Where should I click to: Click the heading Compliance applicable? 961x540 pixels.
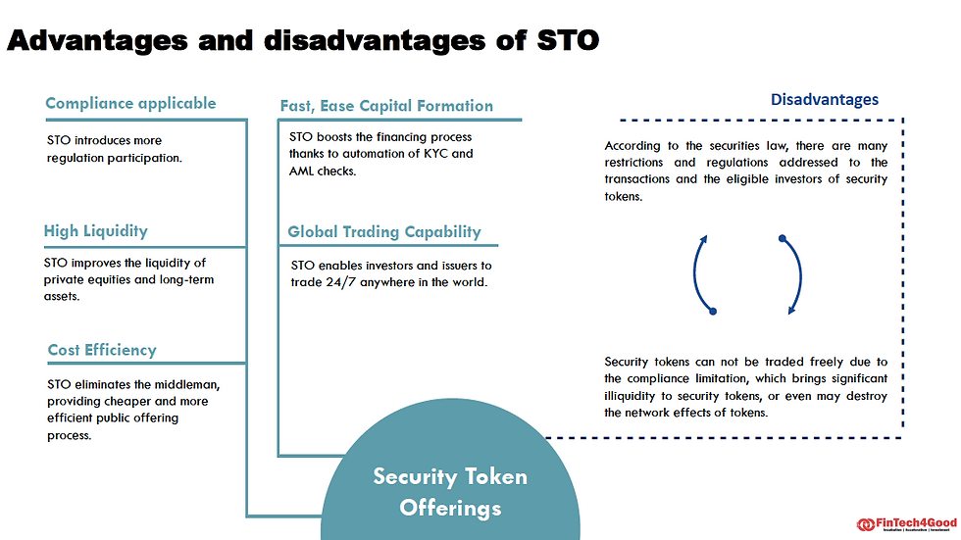[130, 103]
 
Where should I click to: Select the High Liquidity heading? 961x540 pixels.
[95, 231]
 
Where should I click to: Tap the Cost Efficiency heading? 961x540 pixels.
[102, 350]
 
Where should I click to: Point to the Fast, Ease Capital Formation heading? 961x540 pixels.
[386, 106]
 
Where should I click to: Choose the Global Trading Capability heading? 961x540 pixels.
[384, 232]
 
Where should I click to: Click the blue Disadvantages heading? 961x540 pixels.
[824, 99]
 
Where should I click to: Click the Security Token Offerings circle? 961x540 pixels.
[450, 492]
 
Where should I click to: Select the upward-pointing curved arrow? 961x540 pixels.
[702, 273]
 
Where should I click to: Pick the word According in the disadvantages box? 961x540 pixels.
[634, 147]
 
